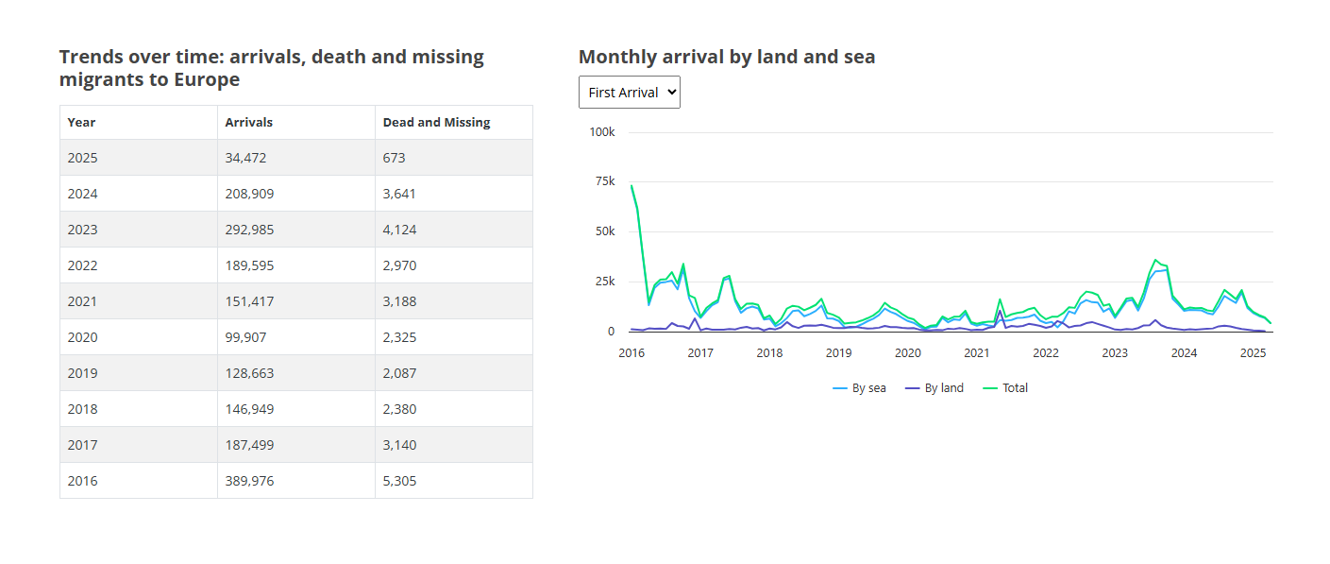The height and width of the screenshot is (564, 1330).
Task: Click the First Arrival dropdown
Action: point(629,93)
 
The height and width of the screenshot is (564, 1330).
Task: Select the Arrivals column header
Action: point(248,122)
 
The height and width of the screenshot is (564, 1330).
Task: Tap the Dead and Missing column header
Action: point(436,122)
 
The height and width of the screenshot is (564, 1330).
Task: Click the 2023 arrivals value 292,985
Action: point(248,230)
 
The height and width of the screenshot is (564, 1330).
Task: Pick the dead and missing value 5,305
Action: point(399,481)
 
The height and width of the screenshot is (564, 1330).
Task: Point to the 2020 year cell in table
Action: point(82,337)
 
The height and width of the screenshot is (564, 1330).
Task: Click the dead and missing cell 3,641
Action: point(399,194)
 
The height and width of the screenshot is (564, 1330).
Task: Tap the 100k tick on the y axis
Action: point(601,132)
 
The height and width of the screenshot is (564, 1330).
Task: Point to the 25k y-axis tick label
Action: point(604,282)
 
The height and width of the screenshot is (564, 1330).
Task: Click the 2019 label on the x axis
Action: point(838,353)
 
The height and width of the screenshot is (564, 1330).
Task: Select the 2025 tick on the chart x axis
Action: point(1253,353)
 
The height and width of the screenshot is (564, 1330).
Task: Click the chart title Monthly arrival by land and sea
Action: point(727,57)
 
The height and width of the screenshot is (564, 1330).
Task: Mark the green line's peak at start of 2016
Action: point(631,185)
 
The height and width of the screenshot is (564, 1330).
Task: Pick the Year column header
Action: point(81,122)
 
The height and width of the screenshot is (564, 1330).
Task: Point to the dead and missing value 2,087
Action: point(399,373)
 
